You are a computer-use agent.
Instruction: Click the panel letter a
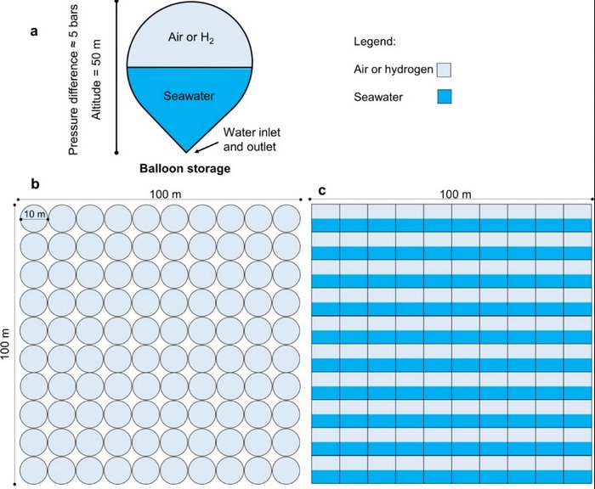pos(35,31)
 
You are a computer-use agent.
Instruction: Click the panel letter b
pos(36,184)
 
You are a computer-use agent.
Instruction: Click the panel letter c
pos(322,190)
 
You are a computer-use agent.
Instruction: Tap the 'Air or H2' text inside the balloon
pos(191,38)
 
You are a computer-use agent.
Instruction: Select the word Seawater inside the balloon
pos(189,96)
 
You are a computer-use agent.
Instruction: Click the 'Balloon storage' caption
pos(184,168)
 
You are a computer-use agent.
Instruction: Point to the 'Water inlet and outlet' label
pos(252,139)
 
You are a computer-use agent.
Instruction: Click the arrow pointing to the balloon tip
pos(207,148)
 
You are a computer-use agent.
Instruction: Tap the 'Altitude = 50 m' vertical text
pos(97,79)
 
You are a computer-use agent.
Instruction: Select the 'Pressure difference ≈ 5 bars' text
pos(73,80)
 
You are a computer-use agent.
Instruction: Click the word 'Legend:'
pos(375,42)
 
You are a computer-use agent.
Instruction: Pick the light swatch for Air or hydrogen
pos(444,70)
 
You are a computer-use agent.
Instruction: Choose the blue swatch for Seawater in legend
pos(444,96)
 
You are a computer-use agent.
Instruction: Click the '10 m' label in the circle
pos(35,214)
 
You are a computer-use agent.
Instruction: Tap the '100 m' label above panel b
pos(166,194)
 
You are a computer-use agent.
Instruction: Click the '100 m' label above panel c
pos(456,194)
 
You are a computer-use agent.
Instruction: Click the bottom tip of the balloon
pos(186,152)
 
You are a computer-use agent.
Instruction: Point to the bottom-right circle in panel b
pos(286,471)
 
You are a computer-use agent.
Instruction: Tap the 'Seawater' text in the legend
pos(378,97)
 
